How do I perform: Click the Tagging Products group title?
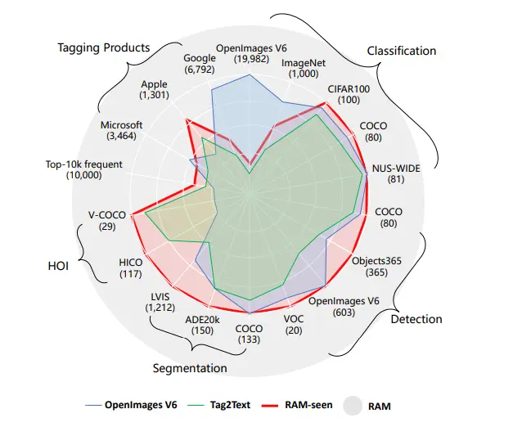(x=104, y=47)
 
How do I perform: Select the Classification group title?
(x=402, y=51)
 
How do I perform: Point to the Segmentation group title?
(x=190, y=368)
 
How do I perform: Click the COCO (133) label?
(x=250, y=335)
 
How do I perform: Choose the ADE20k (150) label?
(x=201, y=325)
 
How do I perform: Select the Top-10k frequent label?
(x=84, y=169)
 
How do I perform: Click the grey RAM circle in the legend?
(x=352, y=405)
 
